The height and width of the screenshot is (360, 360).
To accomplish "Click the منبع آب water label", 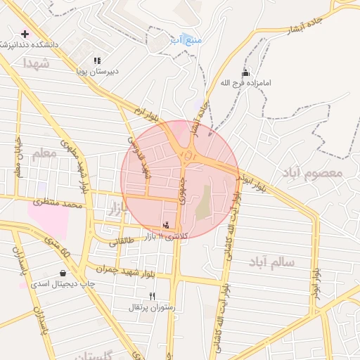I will point(190,40).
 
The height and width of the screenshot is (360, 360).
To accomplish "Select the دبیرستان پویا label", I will point(98,71).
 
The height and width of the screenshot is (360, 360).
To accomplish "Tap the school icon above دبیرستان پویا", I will point(98,61).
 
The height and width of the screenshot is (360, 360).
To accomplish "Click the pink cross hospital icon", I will point(25,34).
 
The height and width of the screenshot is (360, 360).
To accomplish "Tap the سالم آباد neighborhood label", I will point(271,262).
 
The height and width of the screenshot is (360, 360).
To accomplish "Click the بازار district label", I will point(115,207).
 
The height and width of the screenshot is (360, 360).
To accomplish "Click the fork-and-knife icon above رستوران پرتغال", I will point(153,296).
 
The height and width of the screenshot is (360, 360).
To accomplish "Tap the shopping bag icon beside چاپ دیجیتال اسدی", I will point(63,273).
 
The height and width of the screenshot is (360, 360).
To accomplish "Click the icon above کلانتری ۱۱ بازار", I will point(166,225).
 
